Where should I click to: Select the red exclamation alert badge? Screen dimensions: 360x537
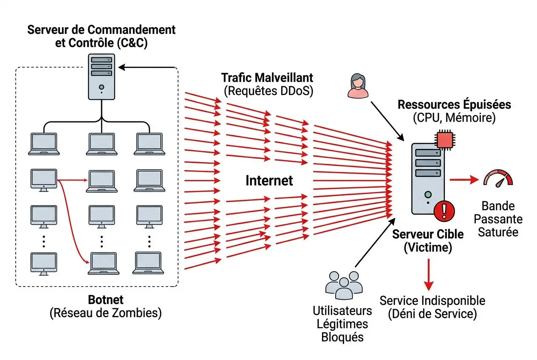coord(445,210)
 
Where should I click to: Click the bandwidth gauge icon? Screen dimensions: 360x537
coord(498,178)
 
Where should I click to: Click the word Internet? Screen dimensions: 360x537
coord(269,181)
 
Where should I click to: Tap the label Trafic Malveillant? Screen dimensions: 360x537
coord(267,78)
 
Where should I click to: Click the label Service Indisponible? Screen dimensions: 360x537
coord(432,301)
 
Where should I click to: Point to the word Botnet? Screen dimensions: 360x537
coord(105,300)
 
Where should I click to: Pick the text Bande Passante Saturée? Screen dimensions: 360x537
coord(498,219)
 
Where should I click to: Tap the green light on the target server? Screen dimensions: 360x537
coord(428,195)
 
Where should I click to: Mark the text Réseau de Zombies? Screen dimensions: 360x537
coord(105,313)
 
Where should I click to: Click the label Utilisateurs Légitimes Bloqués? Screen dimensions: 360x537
coord(342,324)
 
